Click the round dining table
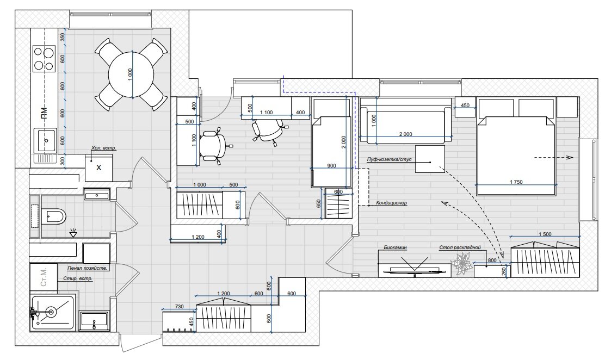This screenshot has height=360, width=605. tap(132, 75)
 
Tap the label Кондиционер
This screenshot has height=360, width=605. tap(392, 203)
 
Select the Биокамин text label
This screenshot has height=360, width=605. tap(396, 248)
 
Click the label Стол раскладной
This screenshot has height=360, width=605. tap(460, 248)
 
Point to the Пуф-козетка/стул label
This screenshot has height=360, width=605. tap(390, 159)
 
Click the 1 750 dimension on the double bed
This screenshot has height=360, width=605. tap(516, 182)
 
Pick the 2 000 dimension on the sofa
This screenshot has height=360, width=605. tap(405, 134)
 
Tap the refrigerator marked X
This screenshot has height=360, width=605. tap(98, 168)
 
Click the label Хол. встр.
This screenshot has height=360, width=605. tap(103, 148)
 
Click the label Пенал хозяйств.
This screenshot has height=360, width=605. tap(87, 268)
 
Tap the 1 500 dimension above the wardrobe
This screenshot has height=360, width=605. tap(545, 234)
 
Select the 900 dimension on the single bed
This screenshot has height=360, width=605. tap(331, 166)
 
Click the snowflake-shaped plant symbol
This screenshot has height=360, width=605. tap(462, 264)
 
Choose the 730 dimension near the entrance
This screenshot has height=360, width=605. tap(179, 307)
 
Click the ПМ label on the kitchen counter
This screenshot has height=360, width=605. tap(45, 112)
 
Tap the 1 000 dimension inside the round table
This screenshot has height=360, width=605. tap(130, 75)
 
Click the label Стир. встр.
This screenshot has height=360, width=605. tap(78, 278)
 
